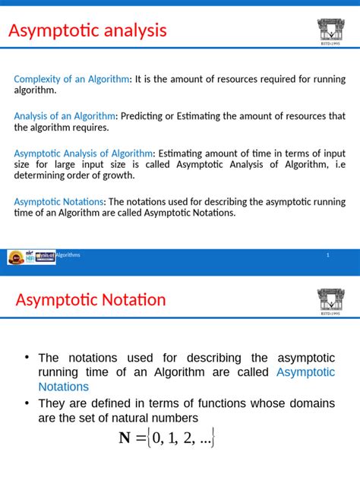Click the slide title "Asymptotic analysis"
(87, 31)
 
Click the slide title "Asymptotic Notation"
(90, 300)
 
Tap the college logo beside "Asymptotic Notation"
(330, 301)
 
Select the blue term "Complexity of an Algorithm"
(72, 79)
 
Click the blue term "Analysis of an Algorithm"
(65, 116)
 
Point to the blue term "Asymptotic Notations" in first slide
(59, 202)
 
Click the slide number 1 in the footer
(327, 255)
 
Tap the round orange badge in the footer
(15, 258)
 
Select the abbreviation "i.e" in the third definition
(338, 164)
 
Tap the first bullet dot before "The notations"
(26, 358)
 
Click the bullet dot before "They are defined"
(26, 403)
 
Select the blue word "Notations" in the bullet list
(63, 387)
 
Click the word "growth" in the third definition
(118, 175)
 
